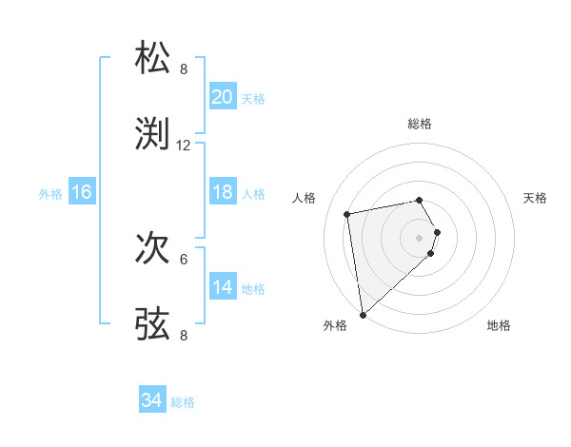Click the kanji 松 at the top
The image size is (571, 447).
(153, 58)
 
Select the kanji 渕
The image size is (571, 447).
(153, 134)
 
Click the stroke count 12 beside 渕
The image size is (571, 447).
(184, 146)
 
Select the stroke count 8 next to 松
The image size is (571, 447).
(184, 69)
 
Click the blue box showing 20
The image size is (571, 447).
(223, 97)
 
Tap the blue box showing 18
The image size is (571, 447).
(223, 192)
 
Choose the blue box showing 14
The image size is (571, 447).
(223, 287)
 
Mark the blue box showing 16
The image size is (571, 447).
(82, 192)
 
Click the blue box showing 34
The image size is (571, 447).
(152, 401)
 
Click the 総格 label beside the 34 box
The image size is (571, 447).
(184, 402)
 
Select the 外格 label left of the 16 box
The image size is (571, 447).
(50, 193)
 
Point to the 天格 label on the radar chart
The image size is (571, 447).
(536, 198)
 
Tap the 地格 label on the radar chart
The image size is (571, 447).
(499, 325)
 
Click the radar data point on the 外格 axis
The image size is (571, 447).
(363, 314)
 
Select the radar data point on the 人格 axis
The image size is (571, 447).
(347, 213)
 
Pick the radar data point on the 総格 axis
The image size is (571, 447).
(419, 200)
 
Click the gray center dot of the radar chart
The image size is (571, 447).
(419, 237)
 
